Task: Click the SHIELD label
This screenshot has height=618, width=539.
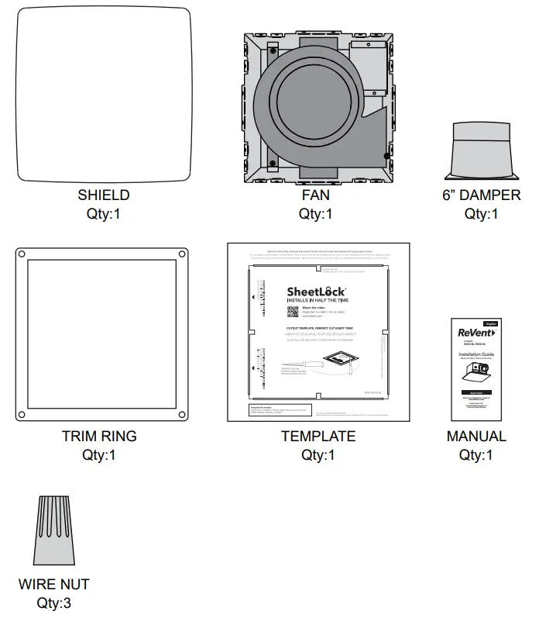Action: (103, 195)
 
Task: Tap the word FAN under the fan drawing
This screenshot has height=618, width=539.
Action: (315, 195)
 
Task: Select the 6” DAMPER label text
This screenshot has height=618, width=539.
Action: (481, 195)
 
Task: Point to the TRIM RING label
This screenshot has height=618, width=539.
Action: (99, 437)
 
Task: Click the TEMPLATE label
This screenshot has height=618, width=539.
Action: (318, 437)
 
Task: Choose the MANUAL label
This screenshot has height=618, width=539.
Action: (476, 437)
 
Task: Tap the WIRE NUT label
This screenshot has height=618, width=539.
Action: (54, 584)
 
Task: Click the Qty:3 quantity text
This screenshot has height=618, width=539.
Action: (54, 602)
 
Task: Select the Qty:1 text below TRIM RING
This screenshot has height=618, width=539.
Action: (99, 455)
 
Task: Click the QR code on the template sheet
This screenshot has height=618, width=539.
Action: (292, 312)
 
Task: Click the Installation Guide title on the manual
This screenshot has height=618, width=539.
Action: (476, 354)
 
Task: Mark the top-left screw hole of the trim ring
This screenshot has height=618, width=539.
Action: (21, 253)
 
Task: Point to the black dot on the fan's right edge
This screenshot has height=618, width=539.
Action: (386, 156)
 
